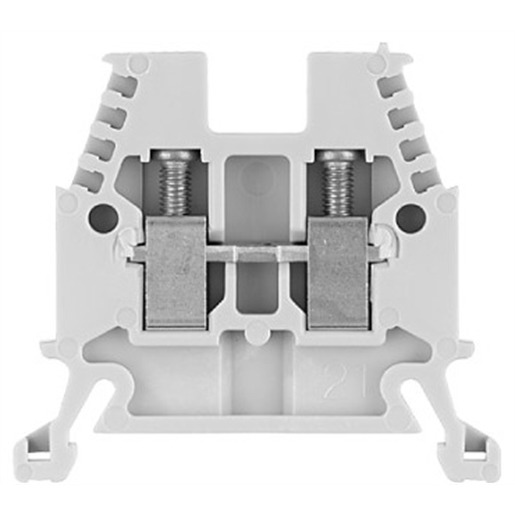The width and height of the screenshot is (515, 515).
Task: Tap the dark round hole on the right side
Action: [x=412, y=214]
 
